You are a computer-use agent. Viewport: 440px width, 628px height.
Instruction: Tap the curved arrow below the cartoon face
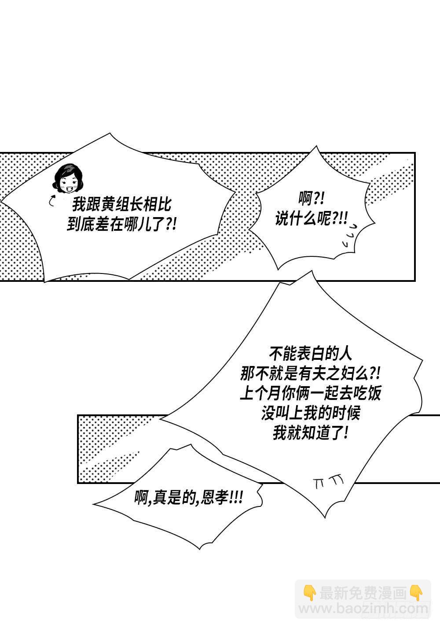click(x=51, y=201)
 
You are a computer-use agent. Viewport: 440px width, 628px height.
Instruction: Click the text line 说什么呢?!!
click(x=311, y=218)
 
